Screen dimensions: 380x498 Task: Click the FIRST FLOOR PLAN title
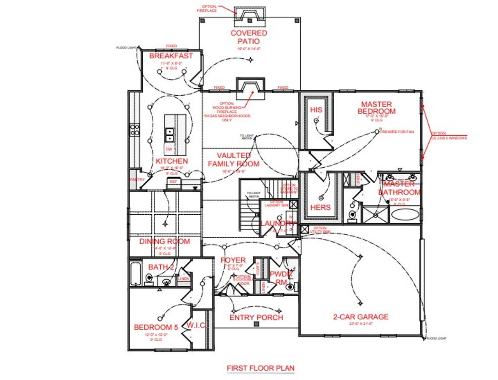(261, 368)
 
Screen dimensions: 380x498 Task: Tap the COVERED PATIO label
(249, 37)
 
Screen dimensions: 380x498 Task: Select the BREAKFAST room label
(171, 56)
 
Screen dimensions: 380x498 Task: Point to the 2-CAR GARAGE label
(360, 317)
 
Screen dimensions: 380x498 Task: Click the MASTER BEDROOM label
(376, 108)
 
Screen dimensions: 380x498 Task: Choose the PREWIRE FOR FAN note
(397, 132)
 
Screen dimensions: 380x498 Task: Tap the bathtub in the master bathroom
(405, 215)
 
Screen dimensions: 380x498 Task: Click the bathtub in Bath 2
(135, 274)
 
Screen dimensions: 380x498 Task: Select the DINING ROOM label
(165, 242)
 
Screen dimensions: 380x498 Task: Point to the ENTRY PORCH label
(256, 317)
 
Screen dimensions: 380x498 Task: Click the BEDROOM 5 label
(156, 327)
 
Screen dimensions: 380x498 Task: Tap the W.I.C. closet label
(196, 325)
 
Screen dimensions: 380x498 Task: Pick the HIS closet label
(316, 110)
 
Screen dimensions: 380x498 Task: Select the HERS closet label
(320, 207)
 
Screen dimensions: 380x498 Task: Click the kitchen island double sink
(170, 135)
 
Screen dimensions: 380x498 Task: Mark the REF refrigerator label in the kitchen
(173, 182)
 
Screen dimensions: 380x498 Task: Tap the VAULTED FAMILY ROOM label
(233, 160)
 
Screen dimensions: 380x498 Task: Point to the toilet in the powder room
(289, 287)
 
